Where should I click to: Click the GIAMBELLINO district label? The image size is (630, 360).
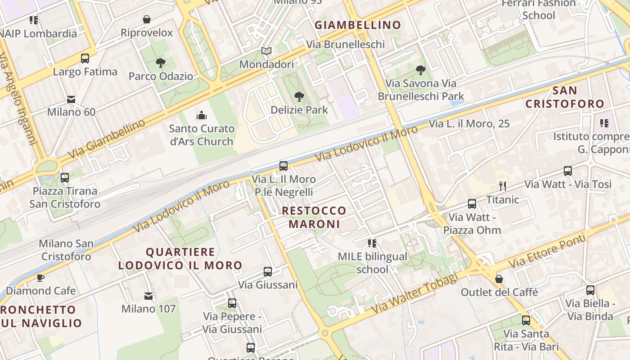pyautogui.click(x=358, y=25)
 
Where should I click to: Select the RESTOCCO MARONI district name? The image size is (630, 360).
pyautogui.click(x=314, y=217)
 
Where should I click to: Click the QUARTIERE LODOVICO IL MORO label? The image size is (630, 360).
pyautogui.click(x=180, y=259)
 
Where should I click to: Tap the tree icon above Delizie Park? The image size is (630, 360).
pyautogui.click(x=299, y=96)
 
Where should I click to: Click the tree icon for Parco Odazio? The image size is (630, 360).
pyautogui.click(x=160, y=63)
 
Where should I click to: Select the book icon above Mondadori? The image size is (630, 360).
pyautogui.click(x=266, y=51)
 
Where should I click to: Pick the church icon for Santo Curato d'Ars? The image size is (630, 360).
pyautogui.click(x=201, y=115)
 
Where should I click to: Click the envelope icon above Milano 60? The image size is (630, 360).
pyautogui.click(x=71, y=99)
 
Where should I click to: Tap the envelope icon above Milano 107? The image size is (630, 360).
pyautogui.click(x=148, y=296)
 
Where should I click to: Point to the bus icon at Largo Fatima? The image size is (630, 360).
pyautogui.click(x=85, y=58)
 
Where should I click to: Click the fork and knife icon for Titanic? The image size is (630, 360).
pyautogui.click(x=503, y=186)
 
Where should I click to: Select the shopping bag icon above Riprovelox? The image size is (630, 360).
pyautogui.click(x=147, y=19)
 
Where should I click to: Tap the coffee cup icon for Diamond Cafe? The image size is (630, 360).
pyautogui.click(x=40, y=278)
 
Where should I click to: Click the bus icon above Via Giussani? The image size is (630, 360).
pyautogui.click(x=268, y=272)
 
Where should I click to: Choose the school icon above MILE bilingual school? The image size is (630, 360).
pyautogui.click(x=372, y=243)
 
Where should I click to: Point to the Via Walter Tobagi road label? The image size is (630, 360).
pyautogui.click(x=414, y=294)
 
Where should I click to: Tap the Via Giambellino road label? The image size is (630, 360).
pyautogui.click(x=107, y=139)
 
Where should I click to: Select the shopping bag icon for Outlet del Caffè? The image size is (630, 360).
pyautogui.click(x=499, y=279)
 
